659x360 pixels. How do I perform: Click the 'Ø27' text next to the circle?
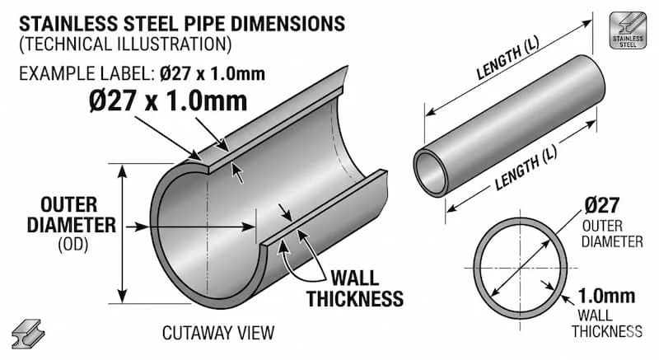point(604,205)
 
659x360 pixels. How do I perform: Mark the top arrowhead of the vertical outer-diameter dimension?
point(124,169)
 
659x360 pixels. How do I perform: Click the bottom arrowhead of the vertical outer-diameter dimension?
point(124,299)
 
